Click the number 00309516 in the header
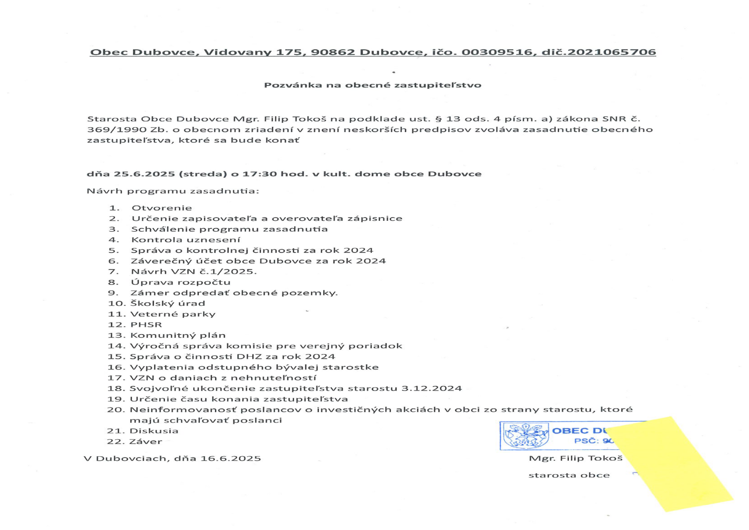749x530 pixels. click(496, 52)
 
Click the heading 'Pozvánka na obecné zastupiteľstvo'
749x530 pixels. click(372, 85)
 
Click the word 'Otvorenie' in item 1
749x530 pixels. click(161, 208)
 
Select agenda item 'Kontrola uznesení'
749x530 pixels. click(186, 240)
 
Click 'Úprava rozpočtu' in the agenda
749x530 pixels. click(180, 282)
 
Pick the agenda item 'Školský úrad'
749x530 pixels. click(168, 303)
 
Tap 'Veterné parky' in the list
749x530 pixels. click(173, 314)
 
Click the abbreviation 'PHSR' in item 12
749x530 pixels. click(146, 325)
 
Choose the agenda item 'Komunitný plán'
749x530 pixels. click(178, 335)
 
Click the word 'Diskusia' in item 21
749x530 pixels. click(154, 431)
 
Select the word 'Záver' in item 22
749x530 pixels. click(146, 442)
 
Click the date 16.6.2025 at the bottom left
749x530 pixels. click(231, 458)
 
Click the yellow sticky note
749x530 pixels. click(674, 467)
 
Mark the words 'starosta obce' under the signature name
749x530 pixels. click(569, 475)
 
